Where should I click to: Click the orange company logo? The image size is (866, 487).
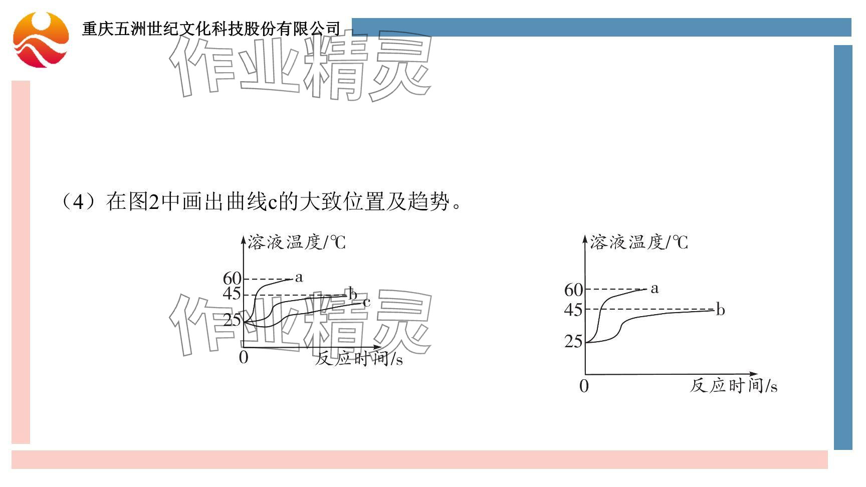pos(41,40)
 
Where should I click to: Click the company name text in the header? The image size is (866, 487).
pos(211,29)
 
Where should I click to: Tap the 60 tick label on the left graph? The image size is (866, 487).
pos(232,279)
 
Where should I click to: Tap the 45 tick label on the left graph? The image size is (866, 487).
pos(232,294)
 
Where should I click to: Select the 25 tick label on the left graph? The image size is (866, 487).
pos(232,320)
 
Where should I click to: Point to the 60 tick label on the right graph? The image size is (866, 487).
pos(574,290)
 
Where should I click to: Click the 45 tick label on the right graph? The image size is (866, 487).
pos(573,310)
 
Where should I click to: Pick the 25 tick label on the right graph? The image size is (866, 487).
pos(573,342)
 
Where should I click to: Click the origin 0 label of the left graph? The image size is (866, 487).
pos(244,358)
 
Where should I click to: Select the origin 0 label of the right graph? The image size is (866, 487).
pos(584,386)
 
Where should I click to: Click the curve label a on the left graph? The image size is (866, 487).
pos(299,277)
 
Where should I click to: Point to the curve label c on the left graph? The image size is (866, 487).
pos(366,302)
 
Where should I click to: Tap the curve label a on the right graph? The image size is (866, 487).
pos(655,289)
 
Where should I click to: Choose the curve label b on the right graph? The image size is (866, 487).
pos(720,310)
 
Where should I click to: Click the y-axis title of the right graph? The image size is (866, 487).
pos(639,243)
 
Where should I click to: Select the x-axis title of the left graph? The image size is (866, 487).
pos(359,359)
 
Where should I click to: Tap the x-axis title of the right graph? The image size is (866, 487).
pos(734,386)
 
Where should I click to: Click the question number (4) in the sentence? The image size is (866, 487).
pos(79,202)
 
